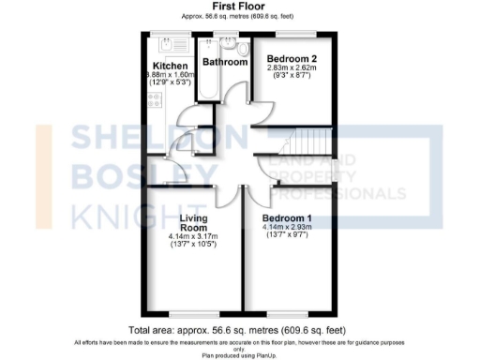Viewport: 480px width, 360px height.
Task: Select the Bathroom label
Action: (226, 63)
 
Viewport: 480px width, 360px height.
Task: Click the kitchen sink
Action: (168, 43)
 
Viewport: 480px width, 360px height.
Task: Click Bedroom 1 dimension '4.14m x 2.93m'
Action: (285, 228)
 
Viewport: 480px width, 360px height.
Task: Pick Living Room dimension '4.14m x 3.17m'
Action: (193, 236)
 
